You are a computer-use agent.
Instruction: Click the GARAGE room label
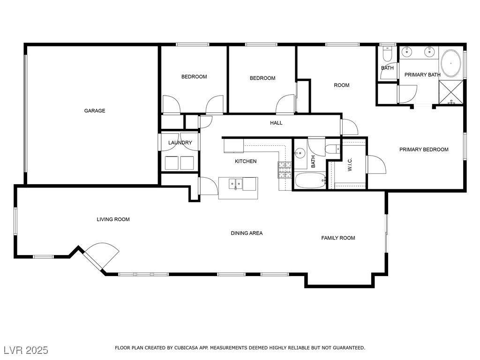point(95,111)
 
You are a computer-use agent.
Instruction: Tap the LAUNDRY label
point(180,142)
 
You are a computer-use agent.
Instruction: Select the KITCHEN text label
point(246,161)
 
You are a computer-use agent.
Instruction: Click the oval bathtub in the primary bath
point(451,63)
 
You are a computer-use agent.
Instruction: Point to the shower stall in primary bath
point(451,92)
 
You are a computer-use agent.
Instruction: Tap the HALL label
point(276,123)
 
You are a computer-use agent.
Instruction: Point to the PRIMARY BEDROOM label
point(424,150)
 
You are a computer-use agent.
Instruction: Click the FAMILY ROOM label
point(338,238)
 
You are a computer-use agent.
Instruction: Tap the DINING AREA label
point(247,233)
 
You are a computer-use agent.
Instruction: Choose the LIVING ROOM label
point(113,219)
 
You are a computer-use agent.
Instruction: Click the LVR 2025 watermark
point(26,350)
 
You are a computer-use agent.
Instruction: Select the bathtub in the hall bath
point(310,180)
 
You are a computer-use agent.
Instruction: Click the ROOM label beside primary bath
point(341,85)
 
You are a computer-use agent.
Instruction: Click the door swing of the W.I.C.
point(376,165)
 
